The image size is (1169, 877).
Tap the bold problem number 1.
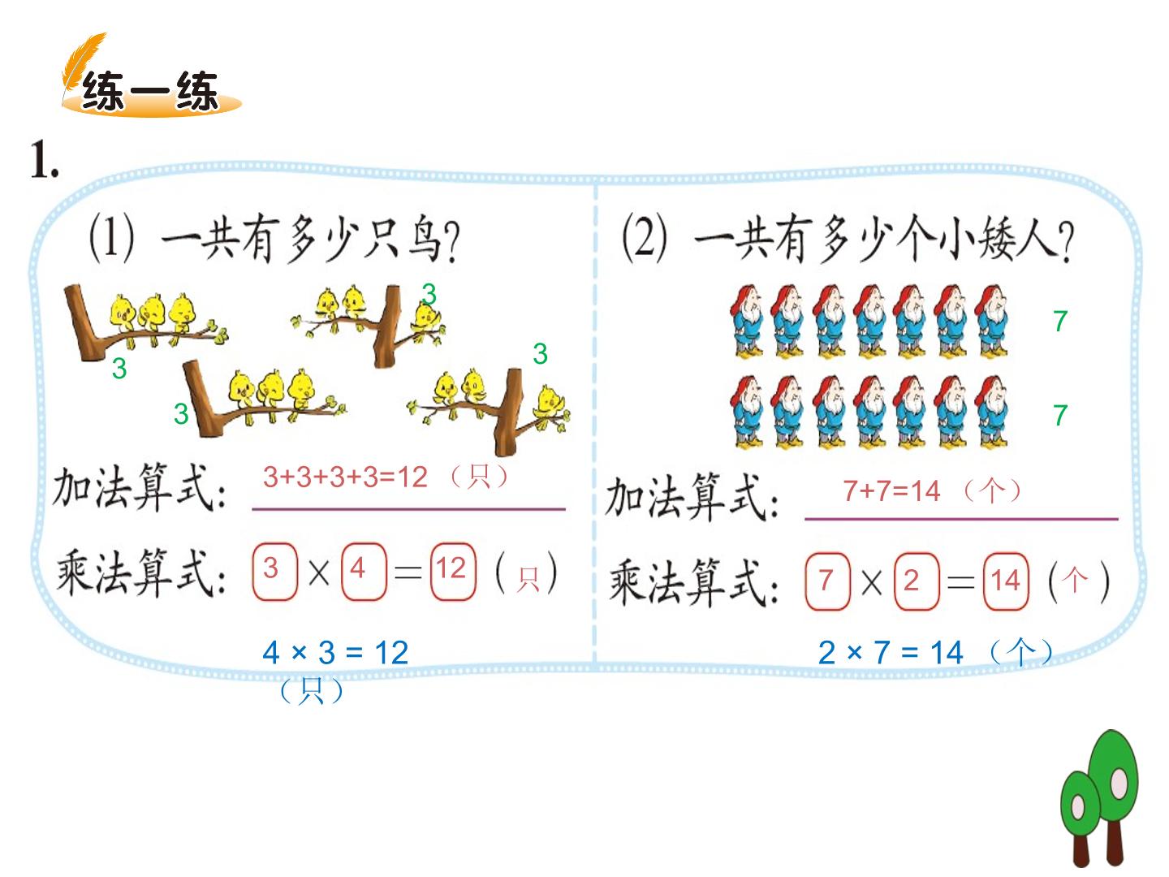click(44, 159)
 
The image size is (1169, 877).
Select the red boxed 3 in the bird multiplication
click(274, 572)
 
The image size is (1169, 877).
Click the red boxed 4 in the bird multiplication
click(363, 572)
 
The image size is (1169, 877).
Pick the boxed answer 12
click(453, 572)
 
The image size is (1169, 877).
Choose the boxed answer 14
click(1006, 581)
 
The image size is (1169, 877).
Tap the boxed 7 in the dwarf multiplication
click(827, 581)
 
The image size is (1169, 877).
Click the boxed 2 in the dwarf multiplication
click(916, 581)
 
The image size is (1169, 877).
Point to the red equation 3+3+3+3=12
click(345, 477)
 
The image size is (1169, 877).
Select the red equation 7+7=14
click(891, 491)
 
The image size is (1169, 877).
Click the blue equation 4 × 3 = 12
click(335, 652)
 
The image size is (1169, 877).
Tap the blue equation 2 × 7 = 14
click(891, 652)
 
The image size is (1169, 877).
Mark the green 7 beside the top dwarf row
click(1060, 321)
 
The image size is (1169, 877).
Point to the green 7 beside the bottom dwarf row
click(1060, 415)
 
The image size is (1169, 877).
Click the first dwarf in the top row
click(747, 321)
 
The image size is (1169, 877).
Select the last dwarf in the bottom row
click(991, 411)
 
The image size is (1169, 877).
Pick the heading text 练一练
click(150, 92)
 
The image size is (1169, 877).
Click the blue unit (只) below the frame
click(312, 690)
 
